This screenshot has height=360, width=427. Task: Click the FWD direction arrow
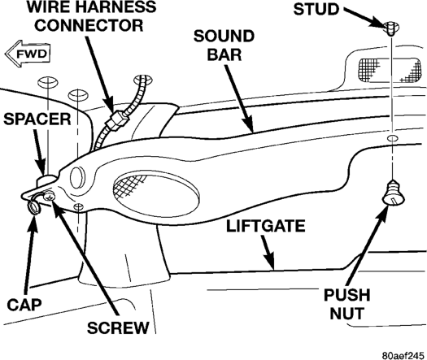coord(28,54)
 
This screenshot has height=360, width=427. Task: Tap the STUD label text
coord(316,9)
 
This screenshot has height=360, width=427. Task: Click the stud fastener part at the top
coord(391,28)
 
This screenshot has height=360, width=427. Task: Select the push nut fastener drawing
coord(394,192)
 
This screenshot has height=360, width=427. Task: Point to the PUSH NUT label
coord(347,304)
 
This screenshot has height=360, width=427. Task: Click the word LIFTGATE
coord(266,226)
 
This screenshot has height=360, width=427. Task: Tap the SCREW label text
coord(118,327)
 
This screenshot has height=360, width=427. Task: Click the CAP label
coord(24,305)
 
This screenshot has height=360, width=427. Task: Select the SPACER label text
coord(37,119)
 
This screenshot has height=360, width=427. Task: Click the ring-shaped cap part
coord(35,206)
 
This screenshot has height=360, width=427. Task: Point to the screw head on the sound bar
coord(50,196)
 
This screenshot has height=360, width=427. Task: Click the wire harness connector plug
coord(116,119)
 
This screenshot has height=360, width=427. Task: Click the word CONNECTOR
coord(89,25)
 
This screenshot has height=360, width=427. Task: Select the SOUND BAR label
coord(224,46)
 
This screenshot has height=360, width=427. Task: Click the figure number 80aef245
coord(403,356)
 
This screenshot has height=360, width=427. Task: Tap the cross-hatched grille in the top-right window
coord(389,70)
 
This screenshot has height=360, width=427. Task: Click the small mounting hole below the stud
coord(391,137)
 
